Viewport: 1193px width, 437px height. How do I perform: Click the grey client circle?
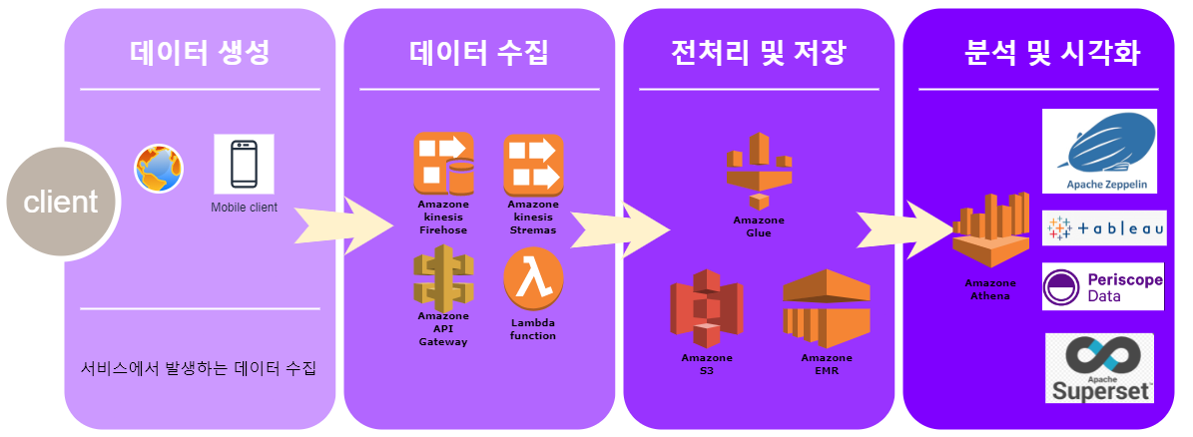pyautogui.click(x=60, y=202)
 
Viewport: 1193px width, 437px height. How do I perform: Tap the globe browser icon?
pyautogui.click(x=160, y=169)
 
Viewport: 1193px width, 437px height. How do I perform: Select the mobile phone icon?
pyautogui.click(x=244, y=165)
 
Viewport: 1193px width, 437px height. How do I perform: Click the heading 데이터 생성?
pyautogui.click(x=200, y=53)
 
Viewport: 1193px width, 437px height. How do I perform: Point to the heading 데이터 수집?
pyautogui.click(x=479, y=53)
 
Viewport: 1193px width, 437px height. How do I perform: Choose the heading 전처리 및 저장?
pyautogui.click(x=759, y=53)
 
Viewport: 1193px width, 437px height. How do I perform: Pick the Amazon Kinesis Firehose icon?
pyautogui.click(x=443, y=165)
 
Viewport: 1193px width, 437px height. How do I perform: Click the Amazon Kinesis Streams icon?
pyautogui.click(x=533, y=165)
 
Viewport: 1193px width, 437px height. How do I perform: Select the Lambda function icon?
pyautogui.click(x=533, y=279)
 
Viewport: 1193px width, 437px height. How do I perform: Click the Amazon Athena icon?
pyautogui.click(x=987, y=231)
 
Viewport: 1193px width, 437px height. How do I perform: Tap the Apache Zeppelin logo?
pyautogui.click(x=1099, y=151)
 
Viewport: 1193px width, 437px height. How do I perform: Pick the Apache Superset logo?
pyautogui.click(x=1099, y=368)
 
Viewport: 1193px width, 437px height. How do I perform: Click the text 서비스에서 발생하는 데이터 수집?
pyautogui.click(x=199, y=370)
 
